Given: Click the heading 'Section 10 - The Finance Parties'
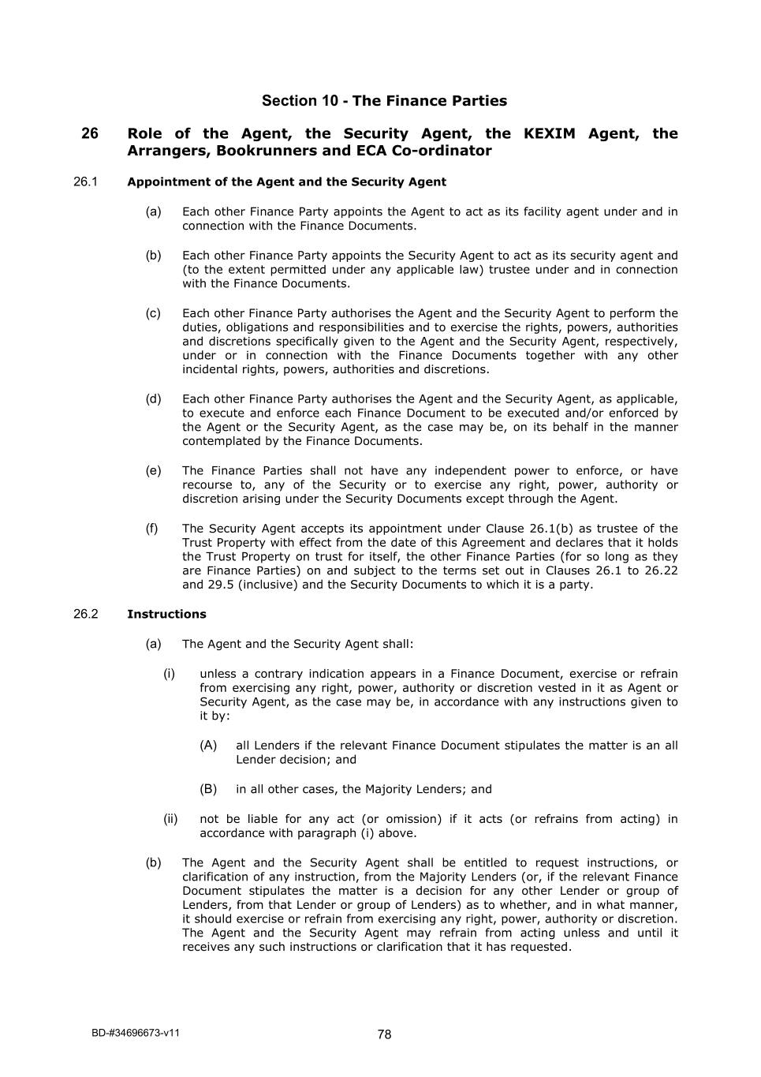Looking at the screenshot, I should coord(384,101).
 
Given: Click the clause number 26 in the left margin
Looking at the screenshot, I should coord(90,134).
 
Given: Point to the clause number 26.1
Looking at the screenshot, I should coord(85,182).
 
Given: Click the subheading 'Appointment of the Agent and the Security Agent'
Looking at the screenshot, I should coord(286,182).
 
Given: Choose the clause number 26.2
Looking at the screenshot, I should coord(85,615).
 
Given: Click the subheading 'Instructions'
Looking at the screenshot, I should coord(166,615).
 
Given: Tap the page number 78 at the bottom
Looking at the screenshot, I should coord(384,1035).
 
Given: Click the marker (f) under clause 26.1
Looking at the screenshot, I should coord(151,529).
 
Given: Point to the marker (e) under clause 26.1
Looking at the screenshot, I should coord(153,471).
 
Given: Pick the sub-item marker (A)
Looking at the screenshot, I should coord(208,746).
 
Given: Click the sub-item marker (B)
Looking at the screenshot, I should coord(208,789).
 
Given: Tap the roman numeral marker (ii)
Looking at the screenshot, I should coord(170,819).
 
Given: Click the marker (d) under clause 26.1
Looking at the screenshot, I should coord(153,399).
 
